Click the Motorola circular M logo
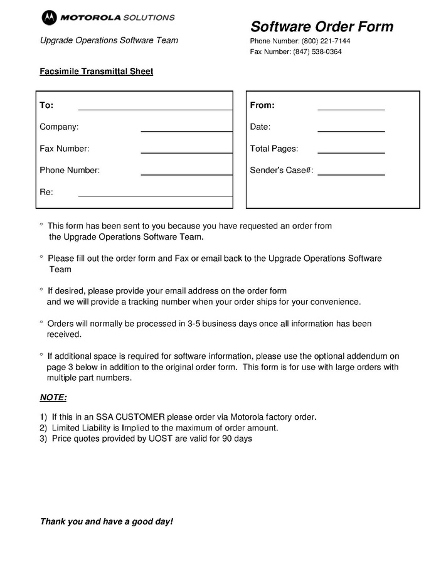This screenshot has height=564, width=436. (48, 18)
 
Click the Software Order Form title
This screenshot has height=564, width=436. (322, 26)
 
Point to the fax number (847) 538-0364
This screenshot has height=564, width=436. (317, 51)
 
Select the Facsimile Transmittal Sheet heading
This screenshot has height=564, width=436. (97, 72)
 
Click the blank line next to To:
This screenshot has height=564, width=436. (155, 109)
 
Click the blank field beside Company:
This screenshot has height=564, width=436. (186, 130)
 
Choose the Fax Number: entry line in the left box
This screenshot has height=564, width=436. (186, 152)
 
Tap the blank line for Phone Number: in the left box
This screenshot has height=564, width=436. (186, 174)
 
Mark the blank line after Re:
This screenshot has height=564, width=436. (155, 196)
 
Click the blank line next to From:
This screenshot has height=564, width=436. (351, 109)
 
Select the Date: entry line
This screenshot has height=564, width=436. (351, 130)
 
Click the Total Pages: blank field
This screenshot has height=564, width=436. (351, 152)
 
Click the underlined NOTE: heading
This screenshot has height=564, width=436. (53, 398)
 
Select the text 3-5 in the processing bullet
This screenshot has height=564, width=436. (193, 324)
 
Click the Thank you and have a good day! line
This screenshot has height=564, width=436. (107, 521)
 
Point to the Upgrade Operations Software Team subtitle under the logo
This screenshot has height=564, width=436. (109, 40)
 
